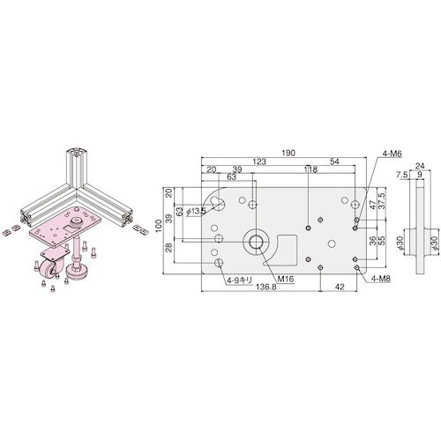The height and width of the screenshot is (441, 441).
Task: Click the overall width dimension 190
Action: tap(288, 152)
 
